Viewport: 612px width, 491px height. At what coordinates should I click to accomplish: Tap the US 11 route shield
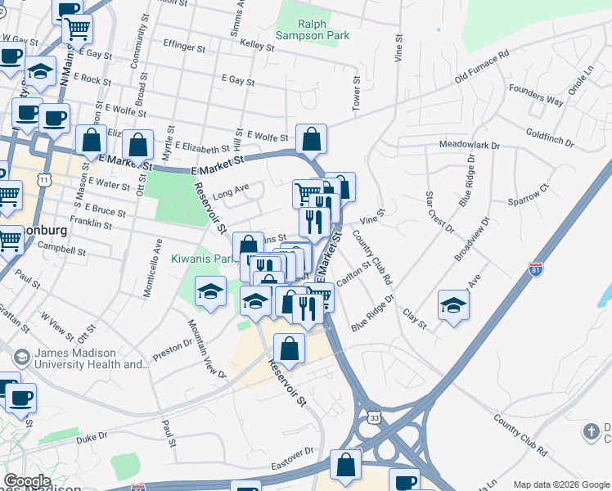(x=44, y=178)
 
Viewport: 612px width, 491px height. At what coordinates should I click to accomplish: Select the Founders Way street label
(x=536, y=94)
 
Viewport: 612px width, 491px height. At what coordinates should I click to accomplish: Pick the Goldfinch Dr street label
(x=551, y=136)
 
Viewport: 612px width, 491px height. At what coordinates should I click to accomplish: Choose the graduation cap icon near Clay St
(x=453, y=306)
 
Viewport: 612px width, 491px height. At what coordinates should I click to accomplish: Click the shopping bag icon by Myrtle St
(x=139, y=146)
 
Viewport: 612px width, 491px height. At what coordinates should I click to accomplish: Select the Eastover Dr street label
(x=293, y=457)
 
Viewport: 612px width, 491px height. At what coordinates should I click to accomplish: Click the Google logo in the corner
(x=26, y=481)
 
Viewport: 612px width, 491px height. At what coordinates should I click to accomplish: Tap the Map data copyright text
(x=561, y=484)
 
